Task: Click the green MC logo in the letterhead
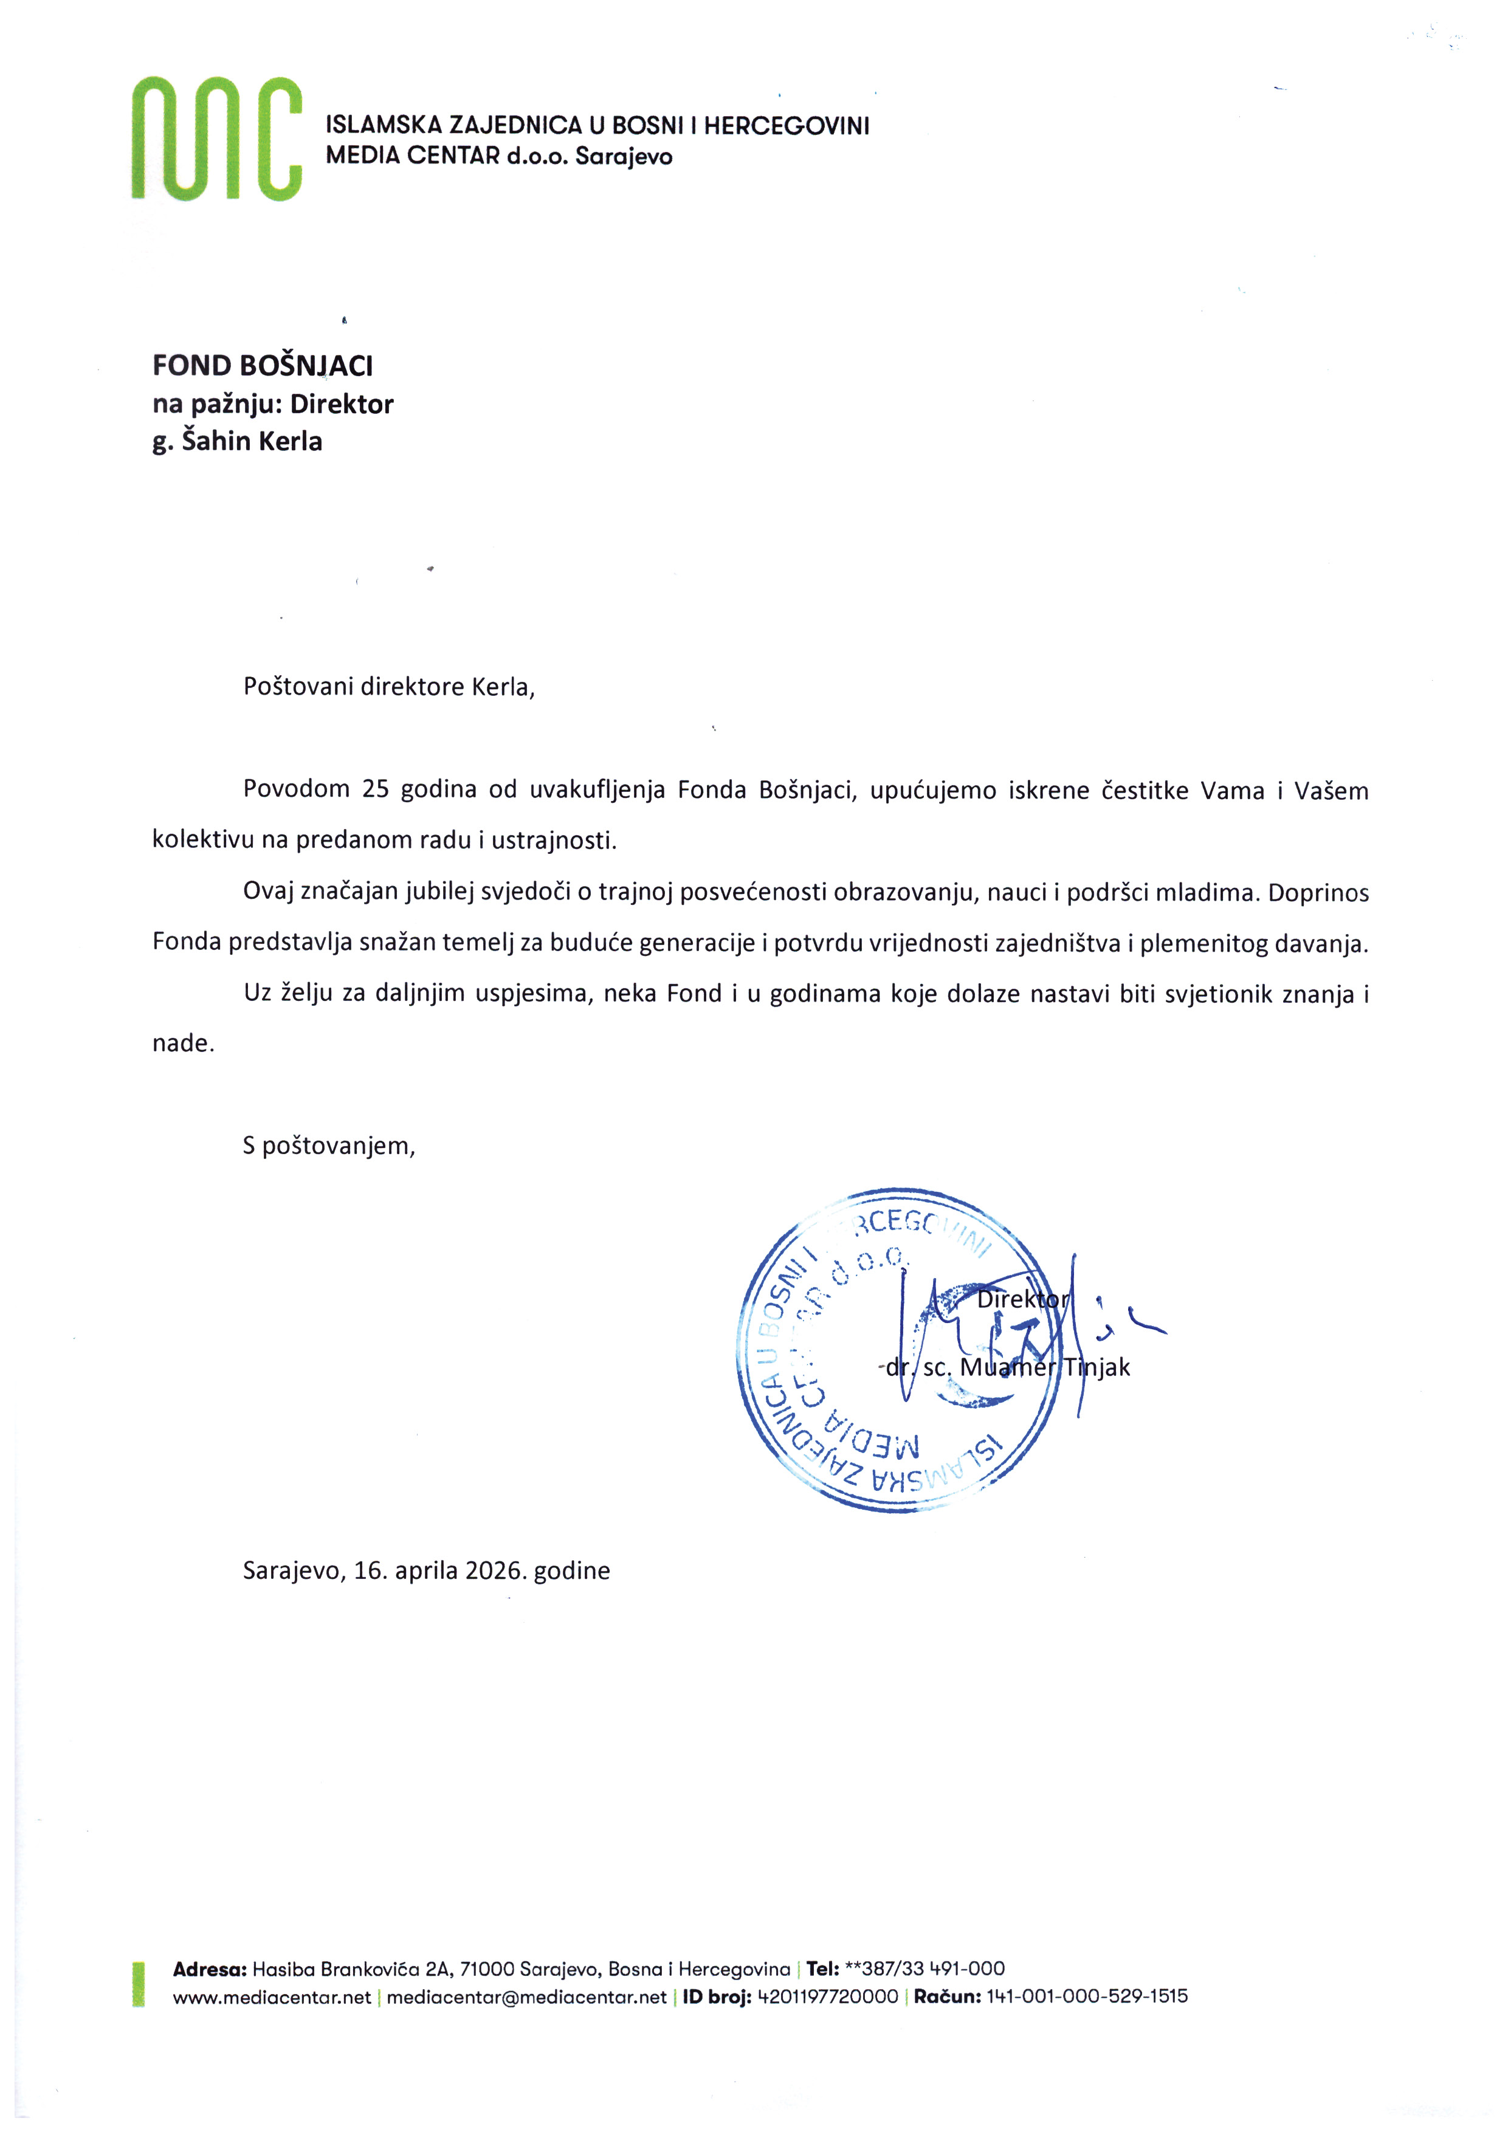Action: tap(216, 139)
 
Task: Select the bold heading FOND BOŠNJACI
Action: tap(263, 366)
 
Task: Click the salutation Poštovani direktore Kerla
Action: tap(388, 687)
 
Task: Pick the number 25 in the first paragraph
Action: tap(375, 789)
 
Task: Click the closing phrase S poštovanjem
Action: tap(329, 1146)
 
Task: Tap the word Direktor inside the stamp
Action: tap(1022, 1300)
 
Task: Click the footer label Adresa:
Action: tap(210, 1970)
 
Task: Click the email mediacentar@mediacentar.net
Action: tap(526, 1997)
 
